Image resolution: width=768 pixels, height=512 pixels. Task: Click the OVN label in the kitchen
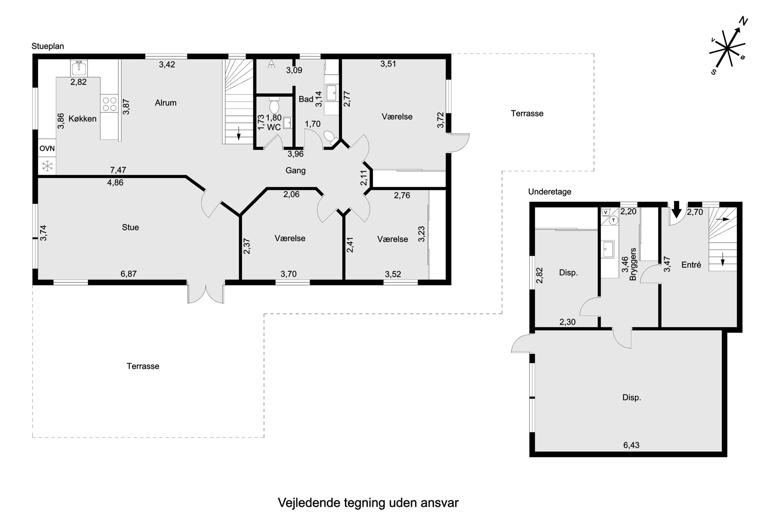click(x=47, y=149)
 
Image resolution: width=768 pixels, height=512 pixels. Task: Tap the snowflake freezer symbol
click(x=47, y=166)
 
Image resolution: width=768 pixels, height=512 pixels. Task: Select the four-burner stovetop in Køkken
click(x=109, y=104)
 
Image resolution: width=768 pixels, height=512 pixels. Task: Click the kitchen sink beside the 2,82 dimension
click(x=79, y=68)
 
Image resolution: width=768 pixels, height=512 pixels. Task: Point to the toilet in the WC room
click(x=274, y=106)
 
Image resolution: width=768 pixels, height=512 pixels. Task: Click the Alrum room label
click(x=166, y=103)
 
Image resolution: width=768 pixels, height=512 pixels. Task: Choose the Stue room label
click(x=130, y=228)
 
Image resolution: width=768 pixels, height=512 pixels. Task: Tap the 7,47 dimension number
click(x=118, y=170)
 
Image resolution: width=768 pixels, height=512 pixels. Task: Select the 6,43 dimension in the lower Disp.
click(x=631, y=445)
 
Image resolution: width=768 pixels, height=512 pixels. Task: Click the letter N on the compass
click(x=743, y=21)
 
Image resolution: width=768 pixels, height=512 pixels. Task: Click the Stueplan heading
click(x=48, y=46)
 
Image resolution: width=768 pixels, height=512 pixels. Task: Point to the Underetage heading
click(x=550, y=192)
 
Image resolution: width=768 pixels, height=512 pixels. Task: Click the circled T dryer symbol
click(x=613, y=220)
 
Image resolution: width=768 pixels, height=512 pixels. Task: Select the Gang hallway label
click(x=295, y=171)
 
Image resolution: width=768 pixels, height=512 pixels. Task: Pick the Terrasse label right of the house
click(x=527, y=114)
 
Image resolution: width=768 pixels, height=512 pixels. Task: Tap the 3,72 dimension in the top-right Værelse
click(x=440, y=120)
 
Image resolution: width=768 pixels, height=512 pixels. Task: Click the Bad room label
click(x=306, y=99)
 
